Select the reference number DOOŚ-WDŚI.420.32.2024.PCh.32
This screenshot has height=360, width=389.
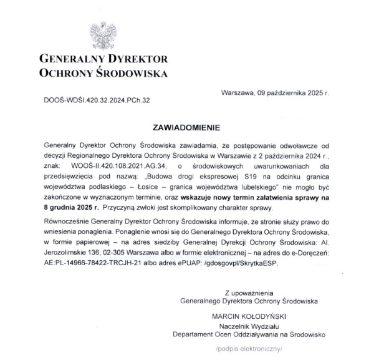97,99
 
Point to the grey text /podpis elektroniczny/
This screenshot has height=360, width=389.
251,349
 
